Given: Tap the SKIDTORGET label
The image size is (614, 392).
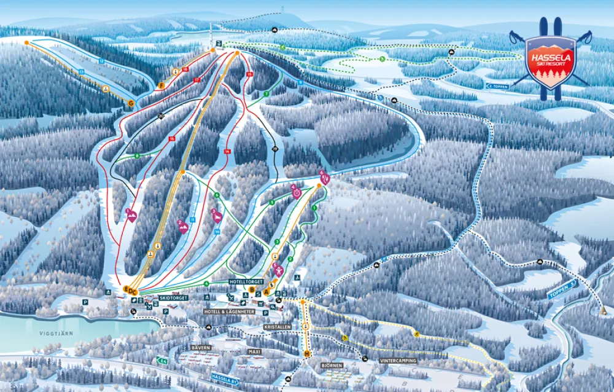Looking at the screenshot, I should pyautogui.click(x=171, y=297).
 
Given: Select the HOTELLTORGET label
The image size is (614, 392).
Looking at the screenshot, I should pyautogui.click(x=246, y=281).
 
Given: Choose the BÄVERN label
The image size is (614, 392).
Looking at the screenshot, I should pyautogui.click(x=201, y=348).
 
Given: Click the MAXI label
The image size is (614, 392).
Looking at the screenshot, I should pyautogui.click(x=254, y=352).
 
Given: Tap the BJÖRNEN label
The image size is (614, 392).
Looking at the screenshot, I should pyautogui.click(x=332, y=364).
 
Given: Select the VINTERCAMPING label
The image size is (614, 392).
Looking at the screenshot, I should pyautogui.click(x=398, y=360).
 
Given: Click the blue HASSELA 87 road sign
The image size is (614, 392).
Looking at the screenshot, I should pyautogui.click(x=225, y=377).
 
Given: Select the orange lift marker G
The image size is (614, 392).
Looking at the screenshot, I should pyautogui.click(x=131, y=103).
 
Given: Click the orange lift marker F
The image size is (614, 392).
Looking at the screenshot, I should pyautogui.click(x=161, y=85).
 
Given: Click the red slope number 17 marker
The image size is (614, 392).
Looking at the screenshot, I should pyautogui.click(x=197, y=80).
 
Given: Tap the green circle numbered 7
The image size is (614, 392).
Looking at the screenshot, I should pyautogui.click(x=266, y=93).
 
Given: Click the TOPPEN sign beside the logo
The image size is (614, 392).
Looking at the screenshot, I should pyautogui.click(x=498, y=87).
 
